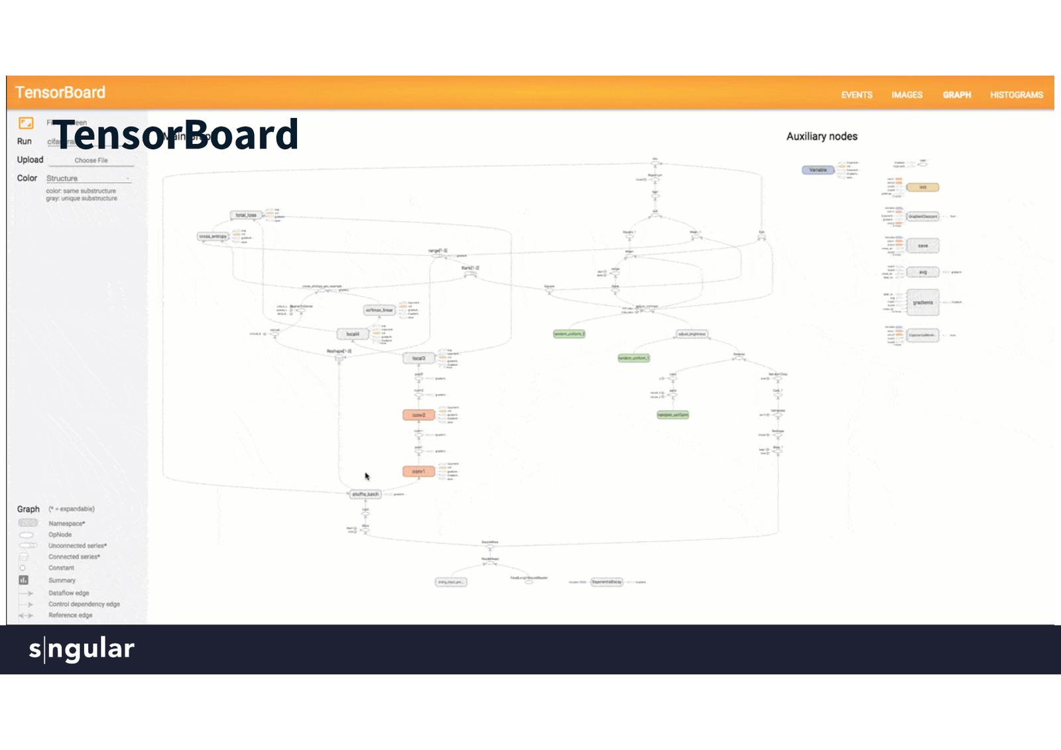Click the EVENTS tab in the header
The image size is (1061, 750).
(x=857, y=95)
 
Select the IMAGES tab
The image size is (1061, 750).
(x=906, y=95)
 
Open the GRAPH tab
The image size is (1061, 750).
(x=957, y=95)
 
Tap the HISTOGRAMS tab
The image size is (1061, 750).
(x=1017, y=95)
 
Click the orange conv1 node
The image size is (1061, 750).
(x=418, y=471)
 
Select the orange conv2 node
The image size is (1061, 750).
(x=418, y=415)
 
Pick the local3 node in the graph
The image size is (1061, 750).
(x=418, y=358)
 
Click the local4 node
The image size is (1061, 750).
(x=353, y=334)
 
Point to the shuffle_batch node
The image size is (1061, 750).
(x=365, y=494)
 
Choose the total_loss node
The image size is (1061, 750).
(x=246, y=215)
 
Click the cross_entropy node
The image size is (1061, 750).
(x=213, y=236)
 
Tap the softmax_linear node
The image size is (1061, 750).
(x=379, y=310)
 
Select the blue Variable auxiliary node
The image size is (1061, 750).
(x=818, y=170)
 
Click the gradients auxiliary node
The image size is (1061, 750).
(x=922, y=302)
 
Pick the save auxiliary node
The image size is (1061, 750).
(x=922, y=246)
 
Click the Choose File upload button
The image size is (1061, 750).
(x=91, y=160)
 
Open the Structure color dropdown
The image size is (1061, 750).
(x=88, y=178)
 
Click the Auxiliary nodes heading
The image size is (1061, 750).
(x=822, y=137)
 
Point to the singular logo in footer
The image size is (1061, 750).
(x=82, y=649)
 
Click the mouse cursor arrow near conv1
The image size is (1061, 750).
(x=367, y=476)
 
